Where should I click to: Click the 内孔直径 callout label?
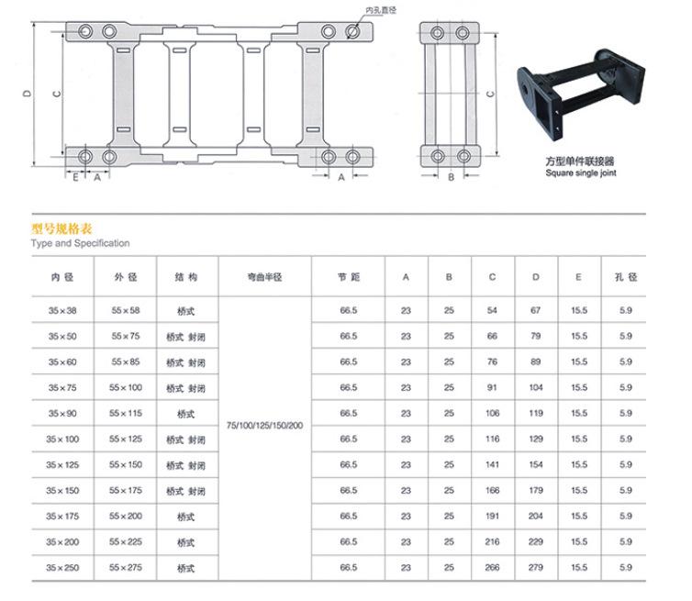381,10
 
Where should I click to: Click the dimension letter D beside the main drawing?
28,94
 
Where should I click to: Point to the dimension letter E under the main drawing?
75,177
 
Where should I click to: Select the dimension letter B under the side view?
451,177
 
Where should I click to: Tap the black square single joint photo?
580,94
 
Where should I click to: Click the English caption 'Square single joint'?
581,173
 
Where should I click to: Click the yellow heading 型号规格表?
61,228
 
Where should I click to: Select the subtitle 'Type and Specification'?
81,243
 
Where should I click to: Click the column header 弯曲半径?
264,277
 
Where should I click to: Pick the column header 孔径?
626,277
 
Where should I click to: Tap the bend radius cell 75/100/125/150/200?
264,426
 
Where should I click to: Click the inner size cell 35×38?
62,311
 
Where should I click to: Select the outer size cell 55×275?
126,567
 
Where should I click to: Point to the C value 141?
492,464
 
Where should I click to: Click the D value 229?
535,542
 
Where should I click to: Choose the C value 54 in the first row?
492,311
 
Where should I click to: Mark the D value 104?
536,387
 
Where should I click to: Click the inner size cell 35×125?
62,464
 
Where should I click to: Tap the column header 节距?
349,277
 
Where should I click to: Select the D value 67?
535,311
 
